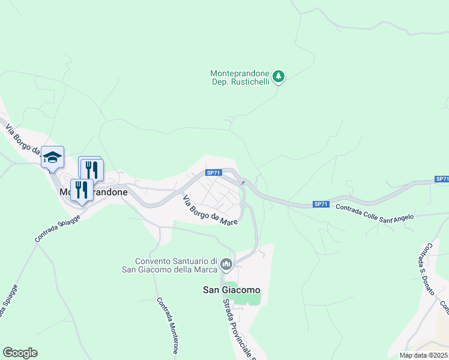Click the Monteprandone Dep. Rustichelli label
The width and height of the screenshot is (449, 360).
[240, 77]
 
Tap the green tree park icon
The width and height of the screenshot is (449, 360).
[278, 76]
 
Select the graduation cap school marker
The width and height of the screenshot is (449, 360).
[52, 158]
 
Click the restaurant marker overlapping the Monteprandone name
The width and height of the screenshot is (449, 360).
[82, 190]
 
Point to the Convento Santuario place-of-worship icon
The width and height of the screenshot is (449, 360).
[226, 264]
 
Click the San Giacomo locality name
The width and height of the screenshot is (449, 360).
[232, 290]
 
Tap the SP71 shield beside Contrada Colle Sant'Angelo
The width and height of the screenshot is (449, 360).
[321, 205]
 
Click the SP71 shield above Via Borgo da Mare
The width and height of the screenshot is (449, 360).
[214, 173]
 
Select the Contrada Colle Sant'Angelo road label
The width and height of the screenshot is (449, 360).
[375, 214]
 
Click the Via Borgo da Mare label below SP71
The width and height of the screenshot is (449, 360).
[210, 211]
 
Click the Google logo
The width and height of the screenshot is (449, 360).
[20, 353]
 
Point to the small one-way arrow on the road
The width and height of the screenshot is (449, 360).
[243, 182]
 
